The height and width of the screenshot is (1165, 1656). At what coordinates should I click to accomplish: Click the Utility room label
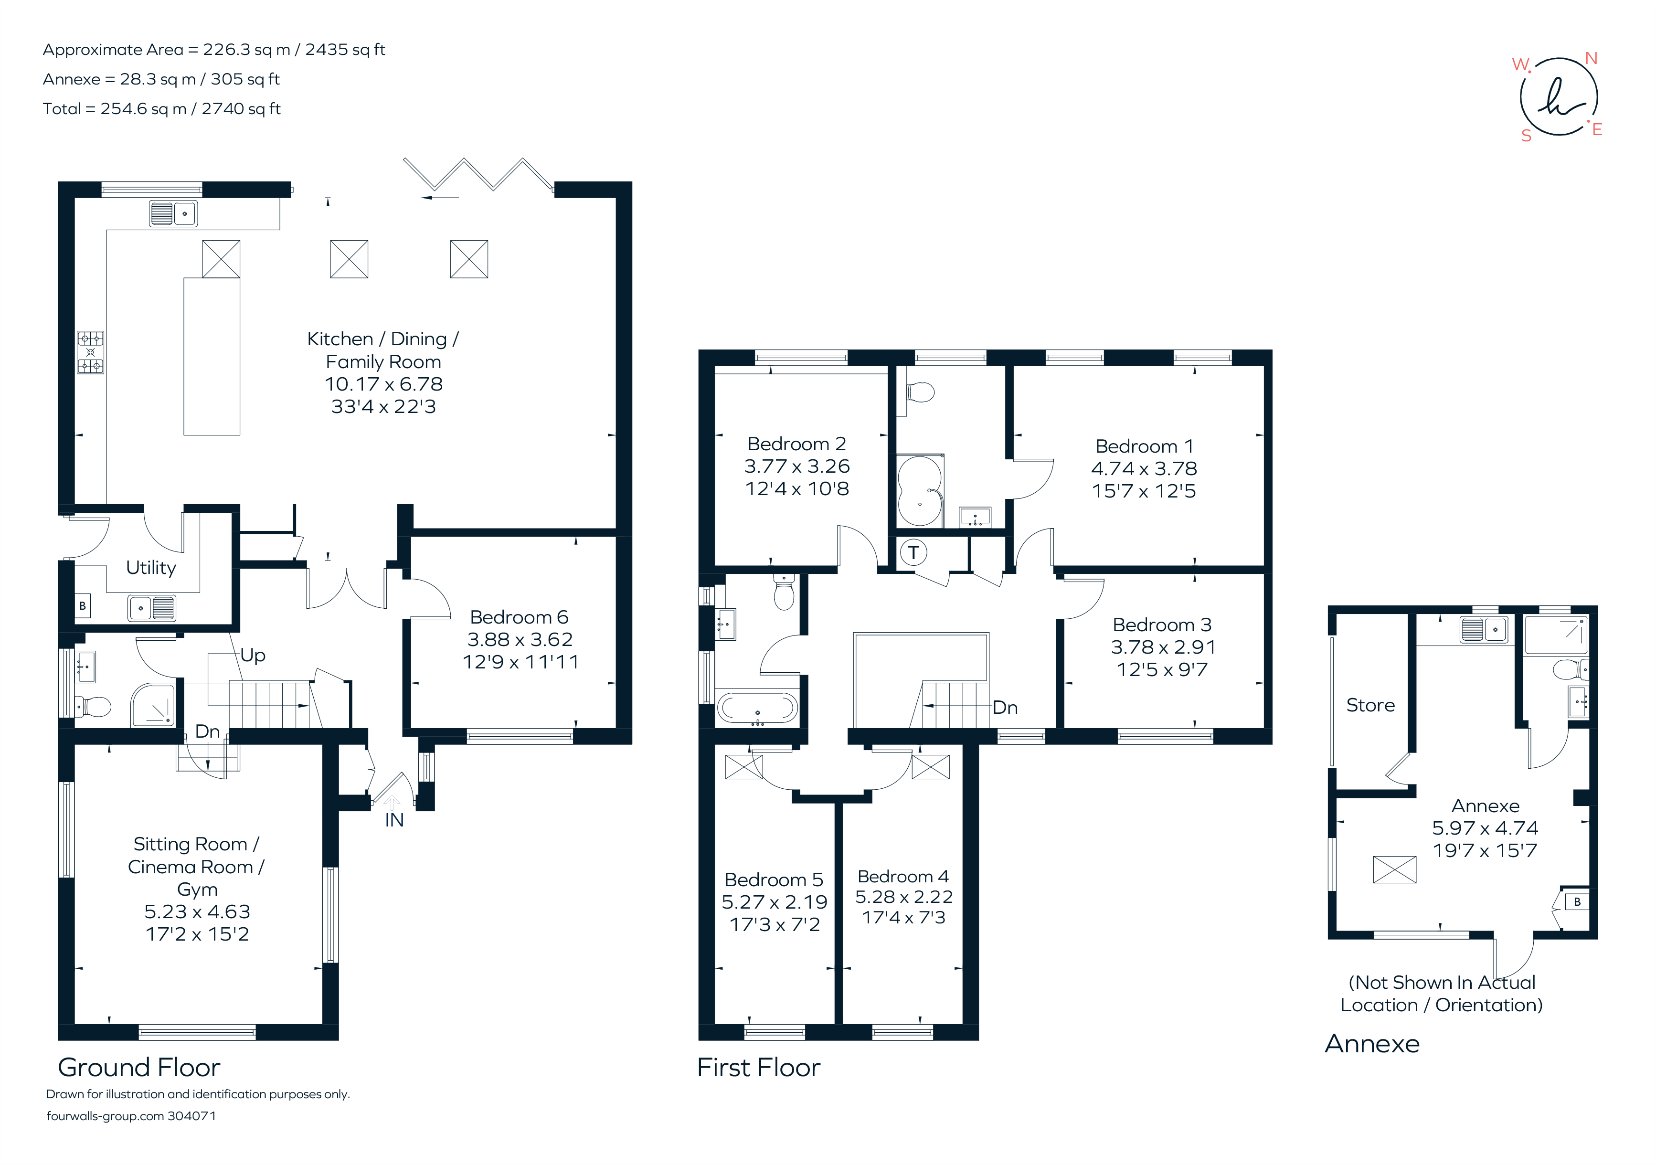[x=151, y=568]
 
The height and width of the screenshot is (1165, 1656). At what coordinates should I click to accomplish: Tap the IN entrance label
[x=394, y=820]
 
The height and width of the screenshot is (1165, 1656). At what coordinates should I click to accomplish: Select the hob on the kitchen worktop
[x=91, y=352]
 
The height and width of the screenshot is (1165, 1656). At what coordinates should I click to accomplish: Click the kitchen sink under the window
[x=173, y=213]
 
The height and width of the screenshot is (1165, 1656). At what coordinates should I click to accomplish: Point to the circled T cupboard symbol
[x=913, y=552]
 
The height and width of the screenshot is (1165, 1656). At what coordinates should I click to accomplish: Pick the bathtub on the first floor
[x=757, y=708]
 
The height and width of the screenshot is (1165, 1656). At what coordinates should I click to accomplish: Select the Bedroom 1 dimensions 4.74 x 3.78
[x=1144, y=469]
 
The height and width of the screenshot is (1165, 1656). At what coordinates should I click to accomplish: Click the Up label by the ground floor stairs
[x=253, y=655]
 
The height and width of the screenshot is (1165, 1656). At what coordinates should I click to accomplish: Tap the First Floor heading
[x=758, y=1068]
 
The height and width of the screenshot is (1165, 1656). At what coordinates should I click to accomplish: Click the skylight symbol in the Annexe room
[x=1394, y=869]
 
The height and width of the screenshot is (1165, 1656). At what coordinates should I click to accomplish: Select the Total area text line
[x=161, y=109]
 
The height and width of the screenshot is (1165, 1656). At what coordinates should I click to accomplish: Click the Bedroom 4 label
[x=903, y=877]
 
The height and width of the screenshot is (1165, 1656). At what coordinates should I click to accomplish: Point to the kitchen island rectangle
[x=212, y=356]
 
